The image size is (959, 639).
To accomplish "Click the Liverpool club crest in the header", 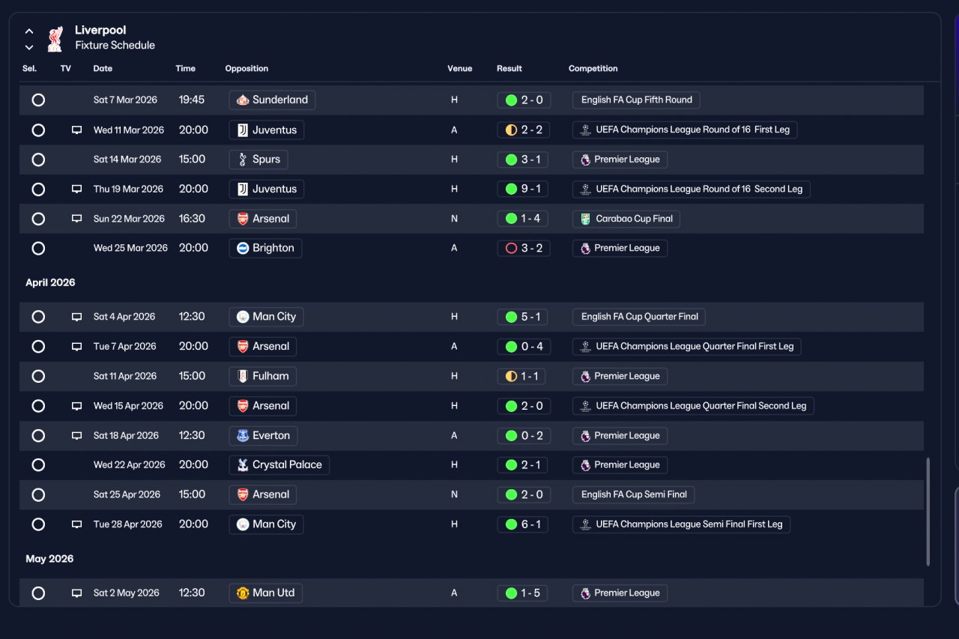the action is [55, 39].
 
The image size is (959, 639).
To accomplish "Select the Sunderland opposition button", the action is [272, 100].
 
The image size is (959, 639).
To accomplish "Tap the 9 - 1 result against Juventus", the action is [523, 190].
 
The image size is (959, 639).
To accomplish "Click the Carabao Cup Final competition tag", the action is [626, 219].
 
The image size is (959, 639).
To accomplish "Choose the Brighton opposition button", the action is [265, 248].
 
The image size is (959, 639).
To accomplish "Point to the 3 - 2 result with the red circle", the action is [524, 248].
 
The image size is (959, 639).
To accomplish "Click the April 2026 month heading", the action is [50, 282].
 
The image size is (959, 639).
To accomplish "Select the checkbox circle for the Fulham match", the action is [38, 376].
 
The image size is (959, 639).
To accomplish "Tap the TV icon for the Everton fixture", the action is [76, 436].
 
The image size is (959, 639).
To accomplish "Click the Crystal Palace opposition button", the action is [279, 464].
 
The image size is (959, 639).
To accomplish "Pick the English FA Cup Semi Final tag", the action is [634, 494].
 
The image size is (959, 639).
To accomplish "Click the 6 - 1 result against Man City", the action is [523, 524].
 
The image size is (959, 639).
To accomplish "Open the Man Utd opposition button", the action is [266, 593].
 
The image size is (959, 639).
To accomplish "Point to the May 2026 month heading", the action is [49, 559].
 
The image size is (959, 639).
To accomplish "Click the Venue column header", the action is [460, 68].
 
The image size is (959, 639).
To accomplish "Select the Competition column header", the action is [593, 68].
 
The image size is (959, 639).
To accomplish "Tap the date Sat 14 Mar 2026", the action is [127, 160].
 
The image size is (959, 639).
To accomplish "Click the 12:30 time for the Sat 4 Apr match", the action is [192, 317].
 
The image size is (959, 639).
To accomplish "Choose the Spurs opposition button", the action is [258, 160].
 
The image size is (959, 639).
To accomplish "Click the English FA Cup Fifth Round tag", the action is [636, 100].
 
